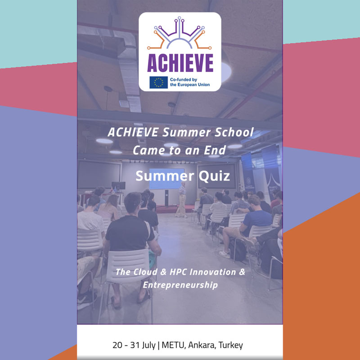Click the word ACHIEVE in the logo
click(180, 63)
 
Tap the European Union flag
click(158, 82)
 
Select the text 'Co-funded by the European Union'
click(189, 82)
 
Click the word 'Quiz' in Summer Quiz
click(214, 176)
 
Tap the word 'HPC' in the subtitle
click(178, 272)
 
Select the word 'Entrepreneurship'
click(180, 285)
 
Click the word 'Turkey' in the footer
click(231, 346)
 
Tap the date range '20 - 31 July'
click(134, 345)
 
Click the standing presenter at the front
click(182, 199)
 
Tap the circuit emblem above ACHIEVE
click(179, 33)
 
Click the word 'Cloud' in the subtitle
click(144, 272)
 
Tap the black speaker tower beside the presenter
click(166, 198)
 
